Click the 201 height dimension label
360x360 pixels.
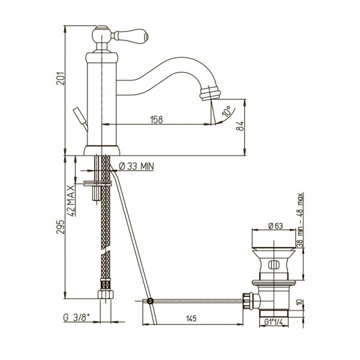[x=61, y=78]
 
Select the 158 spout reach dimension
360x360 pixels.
[x=157, y=119]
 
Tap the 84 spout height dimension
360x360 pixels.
[x=240, y=126]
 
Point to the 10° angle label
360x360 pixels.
[x=227, y=112]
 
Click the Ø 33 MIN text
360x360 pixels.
[x=136, y=166]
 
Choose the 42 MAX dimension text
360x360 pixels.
[x=71, y=200]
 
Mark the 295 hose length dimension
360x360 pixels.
[x=61, y=227]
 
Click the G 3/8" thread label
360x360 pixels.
[x=76, y=318]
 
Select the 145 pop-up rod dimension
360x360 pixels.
[x=191, y=319]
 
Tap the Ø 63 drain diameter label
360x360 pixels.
[x=275, y=226]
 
